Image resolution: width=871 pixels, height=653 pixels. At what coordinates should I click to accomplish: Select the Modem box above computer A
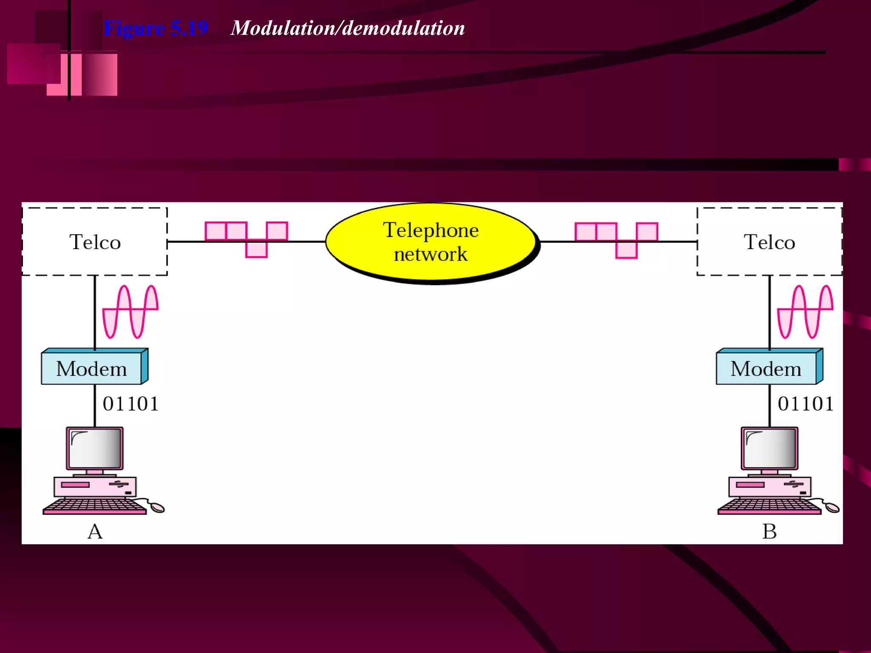[x=92, y=368]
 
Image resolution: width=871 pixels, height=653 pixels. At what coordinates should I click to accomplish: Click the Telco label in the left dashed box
[x=95, y=242]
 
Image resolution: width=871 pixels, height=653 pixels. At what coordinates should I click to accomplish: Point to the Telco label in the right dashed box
[x=769, y=242]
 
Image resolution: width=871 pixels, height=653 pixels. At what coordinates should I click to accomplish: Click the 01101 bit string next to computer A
[x=131, y=404]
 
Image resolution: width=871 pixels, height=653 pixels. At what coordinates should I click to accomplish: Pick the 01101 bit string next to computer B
[x=806, y=404]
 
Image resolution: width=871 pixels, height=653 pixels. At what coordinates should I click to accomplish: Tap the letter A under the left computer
[x=95, y=531]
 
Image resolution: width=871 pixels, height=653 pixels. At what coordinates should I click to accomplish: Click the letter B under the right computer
[x=769, y=531]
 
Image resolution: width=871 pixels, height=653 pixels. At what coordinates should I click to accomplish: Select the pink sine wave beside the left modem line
[x=131, y=312]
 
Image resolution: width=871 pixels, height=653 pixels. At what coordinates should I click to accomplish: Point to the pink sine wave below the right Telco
[x=805, y=312]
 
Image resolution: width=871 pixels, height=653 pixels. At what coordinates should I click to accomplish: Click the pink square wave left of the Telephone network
[x=247, y=238]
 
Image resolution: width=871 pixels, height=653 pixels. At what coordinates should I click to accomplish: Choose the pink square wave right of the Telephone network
[x=617, y=239]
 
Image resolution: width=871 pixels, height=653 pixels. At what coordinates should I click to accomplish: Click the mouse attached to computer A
[x=157, y=508]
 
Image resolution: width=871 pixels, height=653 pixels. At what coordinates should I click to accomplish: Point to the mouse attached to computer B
[x=832, y=507]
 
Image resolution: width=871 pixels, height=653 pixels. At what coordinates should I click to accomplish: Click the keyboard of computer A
[x=94, y=506]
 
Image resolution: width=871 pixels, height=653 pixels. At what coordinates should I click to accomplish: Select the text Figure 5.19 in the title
[x=156, y=28]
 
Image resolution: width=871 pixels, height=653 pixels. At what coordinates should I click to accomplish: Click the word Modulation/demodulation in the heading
[x=347, y=28]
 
